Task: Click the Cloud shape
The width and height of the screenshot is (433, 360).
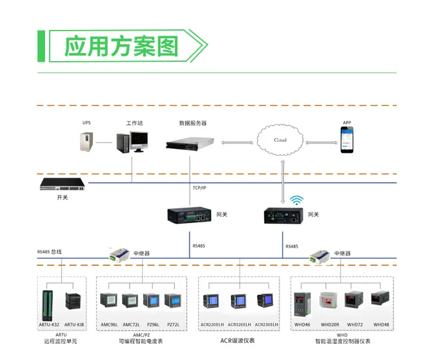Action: (280, 140)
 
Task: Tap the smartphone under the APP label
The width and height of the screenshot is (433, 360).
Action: (346, 140)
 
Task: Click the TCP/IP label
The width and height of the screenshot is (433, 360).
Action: (200, 188)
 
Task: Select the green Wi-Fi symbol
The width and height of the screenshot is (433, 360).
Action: (297, 200)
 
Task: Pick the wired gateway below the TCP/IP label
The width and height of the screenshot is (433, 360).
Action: (190, 215)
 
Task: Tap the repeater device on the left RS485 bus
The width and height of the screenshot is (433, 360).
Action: (120, 253)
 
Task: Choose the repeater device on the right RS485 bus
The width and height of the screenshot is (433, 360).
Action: (322, 254)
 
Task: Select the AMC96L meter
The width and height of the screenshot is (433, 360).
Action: (109, 302)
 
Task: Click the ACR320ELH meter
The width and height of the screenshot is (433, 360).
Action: (238, 302)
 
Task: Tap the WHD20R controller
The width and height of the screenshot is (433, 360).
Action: (329, 302)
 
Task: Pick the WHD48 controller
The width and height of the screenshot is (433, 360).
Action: (380, 302)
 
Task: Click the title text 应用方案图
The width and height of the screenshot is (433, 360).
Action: (121, 46)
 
